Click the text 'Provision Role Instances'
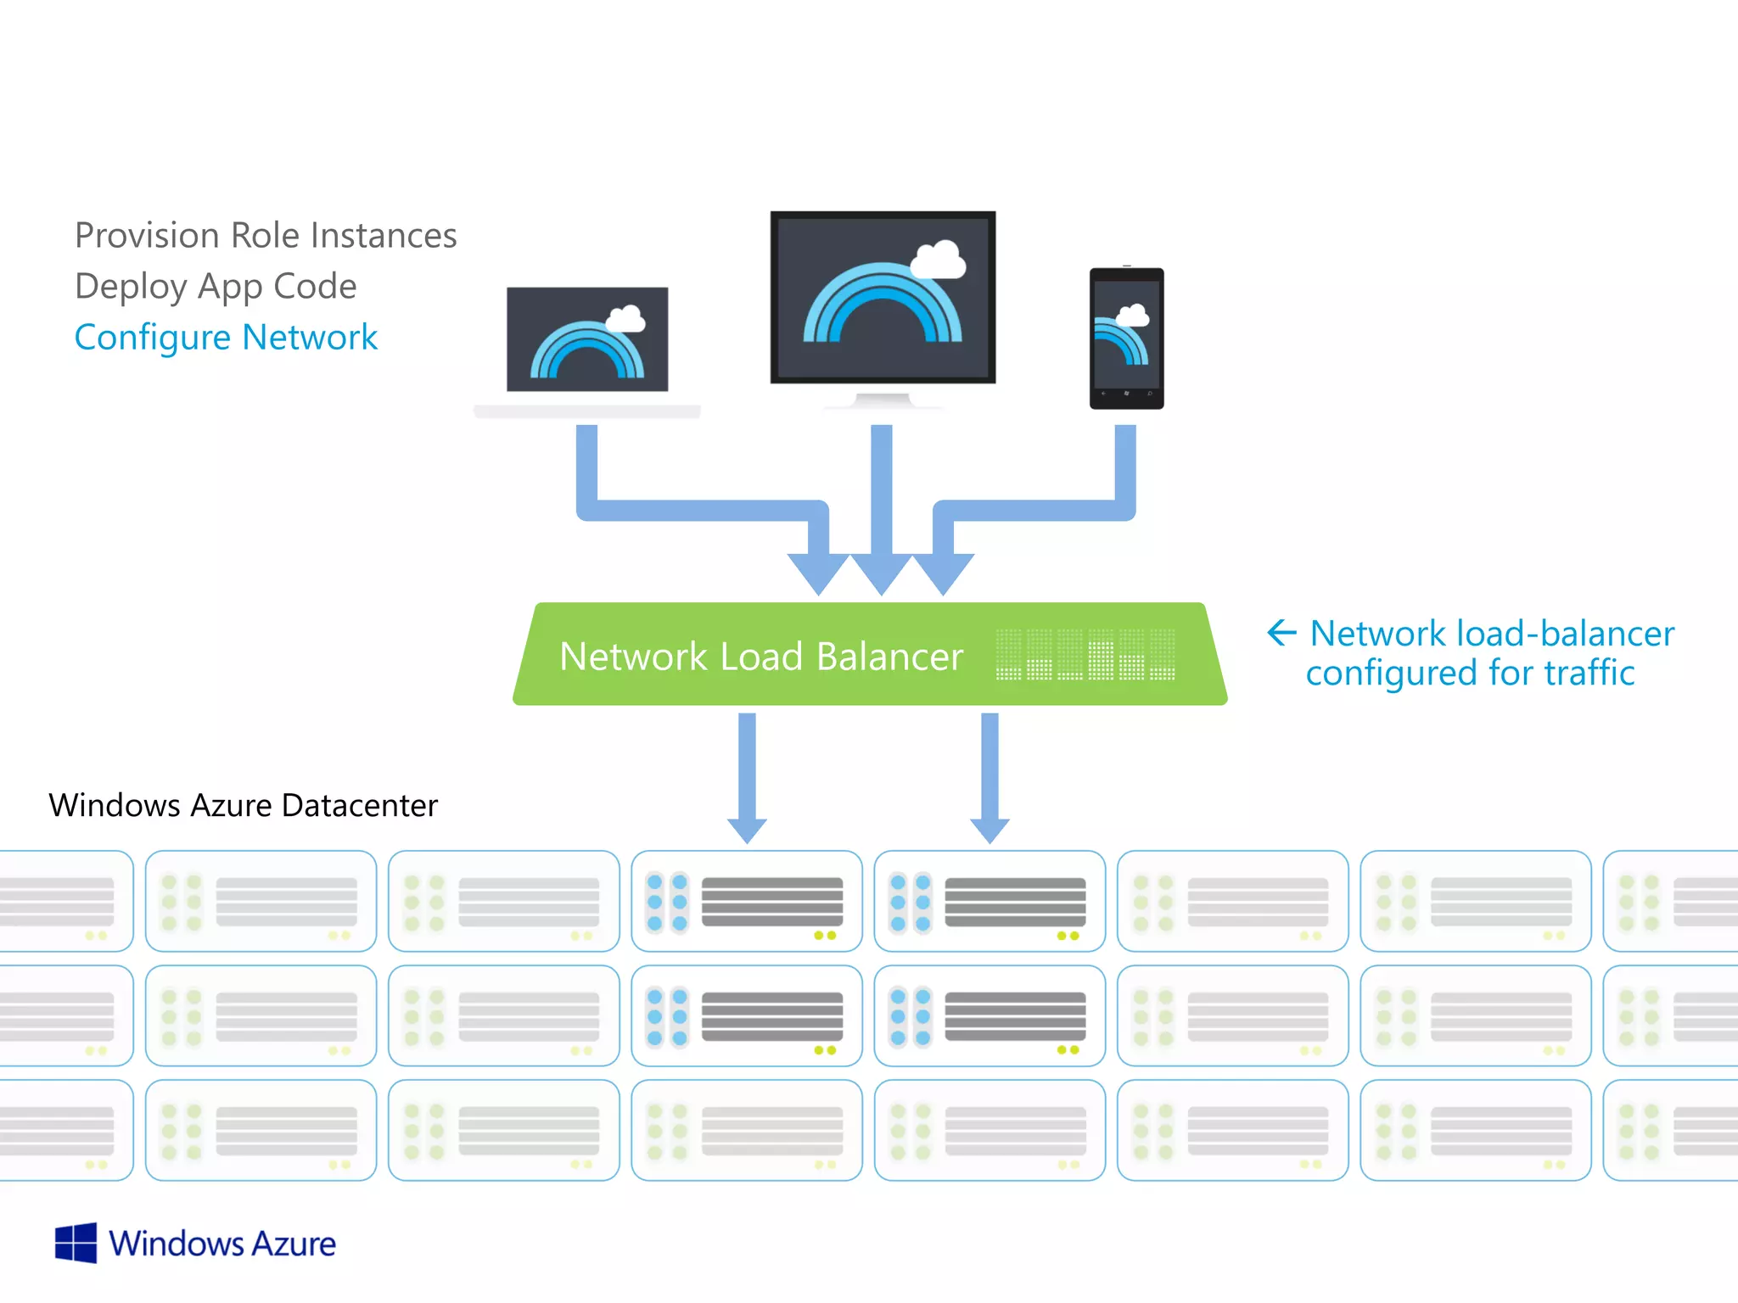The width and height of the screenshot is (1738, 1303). click(266, 236)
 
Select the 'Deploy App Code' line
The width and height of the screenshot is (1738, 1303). click(216, 287)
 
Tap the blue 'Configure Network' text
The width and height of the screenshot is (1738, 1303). click(226, 338)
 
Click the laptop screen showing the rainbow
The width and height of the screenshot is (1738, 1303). click(587, 339)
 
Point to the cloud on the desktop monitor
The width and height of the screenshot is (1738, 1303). click(938, 259)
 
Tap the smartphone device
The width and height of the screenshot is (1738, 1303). click(1126, 338)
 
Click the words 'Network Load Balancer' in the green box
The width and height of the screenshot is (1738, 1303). click(761, 657)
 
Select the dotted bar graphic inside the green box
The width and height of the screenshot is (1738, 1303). click(1085, 654)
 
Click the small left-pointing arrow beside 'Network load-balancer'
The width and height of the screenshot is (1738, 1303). click(1281, 632)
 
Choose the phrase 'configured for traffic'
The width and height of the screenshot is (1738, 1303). click(1470, 674)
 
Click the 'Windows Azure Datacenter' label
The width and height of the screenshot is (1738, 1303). click(244, 805)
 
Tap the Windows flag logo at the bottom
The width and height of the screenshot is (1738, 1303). click(76, 1244)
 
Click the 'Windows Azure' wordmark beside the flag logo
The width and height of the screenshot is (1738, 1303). click(222, 1244)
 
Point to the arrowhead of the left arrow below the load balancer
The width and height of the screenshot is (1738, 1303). click(747, 829)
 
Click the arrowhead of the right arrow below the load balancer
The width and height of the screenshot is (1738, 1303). click(990, 829)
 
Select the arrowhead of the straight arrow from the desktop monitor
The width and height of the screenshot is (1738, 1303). click(881, 573)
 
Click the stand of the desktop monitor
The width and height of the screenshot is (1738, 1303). click(883, 399)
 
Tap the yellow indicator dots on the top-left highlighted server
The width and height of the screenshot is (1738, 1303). click(825, 936)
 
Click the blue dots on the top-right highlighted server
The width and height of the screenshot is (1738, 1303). click(911, 903)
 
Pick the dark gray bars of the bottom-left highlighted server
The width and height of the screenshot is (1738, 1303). click(772, 1016)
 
